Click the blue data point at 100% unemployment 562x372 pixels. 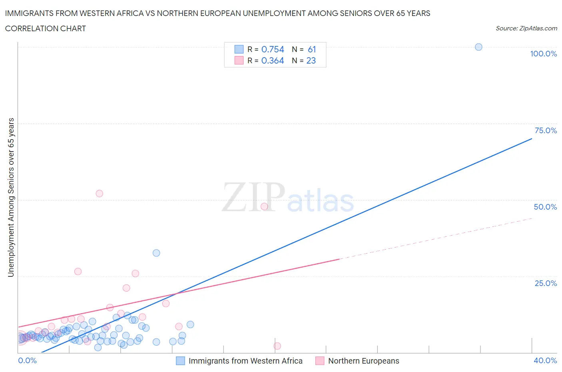point(478,47)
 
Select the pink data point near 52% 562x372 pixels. point(99,193)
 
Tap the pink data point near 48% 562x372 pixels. point(264,206)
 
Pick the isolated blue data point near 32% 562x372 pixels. point(156,253)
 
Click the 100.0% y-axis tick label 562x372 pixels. point(543,54)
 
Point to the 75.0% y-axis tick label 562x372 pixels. point(546,130)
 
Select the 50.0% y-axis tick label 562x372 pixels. point(545,207)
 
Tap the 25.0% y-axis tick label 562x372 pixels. point(546,283)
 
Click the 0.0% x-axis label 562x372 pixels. point(27,360)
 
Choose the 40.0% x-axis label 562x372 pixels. point(545,360)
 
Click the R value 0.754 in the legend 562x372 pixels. point(273,49)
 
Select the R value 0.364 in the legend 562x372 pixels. point(273,60)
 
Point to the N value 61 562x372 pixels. point(312,49)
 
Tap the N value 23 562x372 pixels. point(311,60)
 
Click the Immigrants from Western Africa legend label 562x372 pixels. point(245,361)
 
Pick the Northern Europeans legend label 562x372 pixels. point(363,361)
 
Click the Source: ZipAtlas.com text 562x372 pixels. point(526,28)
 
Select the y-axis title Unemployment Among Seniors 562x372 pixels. point(11,197)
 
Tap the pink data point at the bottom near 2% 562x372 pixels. point(277,346)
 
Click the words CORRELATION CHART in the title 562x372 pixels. point(46,28)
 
